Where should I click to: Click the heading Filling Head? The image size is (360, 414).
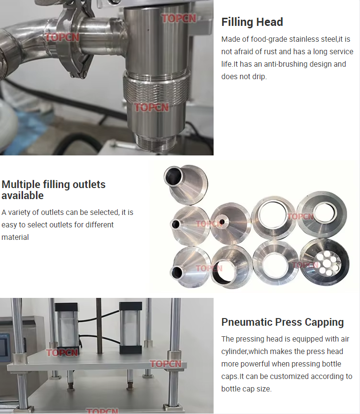[x=252, y=22]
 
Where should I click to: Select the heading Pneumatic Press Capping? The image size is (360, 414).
[x=282, y=322]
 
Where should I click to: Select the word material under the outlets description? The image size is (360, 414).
[x=15, y=237]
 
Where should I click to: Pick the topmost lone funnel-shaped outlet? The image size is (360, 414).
[x=185, y=184]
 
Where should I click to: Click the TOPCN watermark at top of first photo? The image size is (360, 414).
[x=179, y=18]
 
